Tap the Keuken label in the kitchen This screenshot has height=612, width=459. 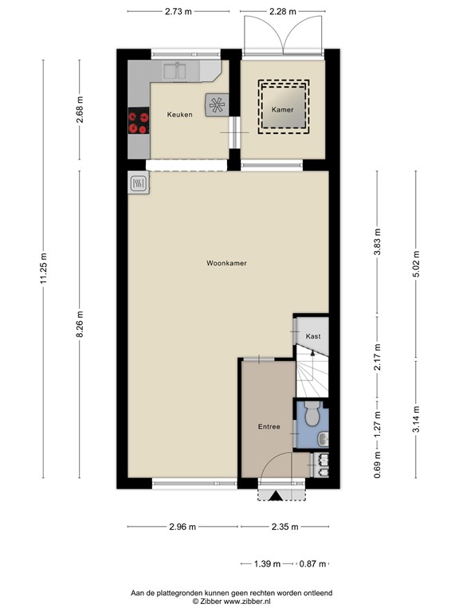pyautogui.click(x=179, y=115)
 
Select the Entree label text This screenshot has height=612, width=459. pyautogui.click(x=269, y=427)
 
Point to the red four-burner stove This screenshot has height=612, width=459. pyautogui.click(x=138, y=121)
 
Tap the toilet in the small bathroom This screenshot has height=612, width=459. pyautogui.click(x=313, y=414)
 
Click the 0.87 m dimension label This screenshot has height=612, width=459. pyautogui.click(x=312, y=564)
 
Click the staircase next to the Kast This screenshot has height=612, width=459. pyautogui.click(x=312, y=373)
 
